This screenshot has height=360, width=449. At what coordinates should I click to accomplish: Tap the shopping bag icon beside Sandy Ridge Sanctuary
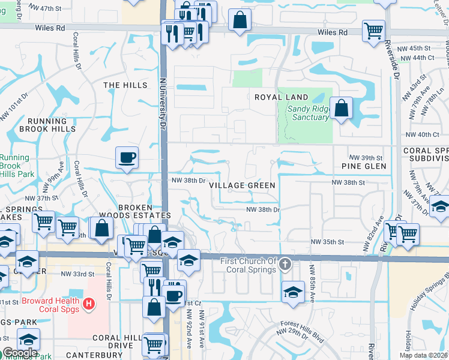(x=341, y=109)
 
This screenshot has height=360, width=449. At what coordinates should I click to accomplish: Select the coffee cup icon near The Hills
(x=127, y=158)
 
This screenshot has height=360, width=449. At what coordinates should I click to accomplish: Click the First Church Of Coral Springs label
(x=248, y=265)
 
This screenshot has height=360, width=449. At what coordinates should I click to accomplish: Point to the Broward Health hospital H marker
(x=89, y=304)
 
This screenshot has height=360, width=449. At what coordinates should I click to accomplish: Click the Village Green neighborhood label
(x=243, y=185)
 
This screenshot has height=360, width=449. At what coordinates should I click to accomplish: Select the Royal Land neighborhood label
(x=281, y=97)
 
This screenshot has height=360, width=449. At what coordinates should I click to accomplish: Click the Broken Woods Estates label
(x=144, y=211)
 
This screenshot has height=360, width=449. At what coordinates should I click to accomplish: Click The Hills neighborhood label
(x=125, y=85)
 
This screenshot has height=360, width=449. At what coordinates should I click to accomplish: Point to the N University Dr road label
(x=161, y=108)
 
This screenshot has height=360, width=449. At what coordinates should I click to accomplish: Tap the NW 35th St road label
(x=327, y=242)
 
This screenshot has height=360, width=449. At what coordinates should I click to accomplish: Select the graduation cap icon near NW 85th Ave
(x=293, y=292)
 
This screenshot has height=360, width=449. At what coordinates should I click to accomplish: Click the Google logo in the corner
(x=20, y=353)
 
